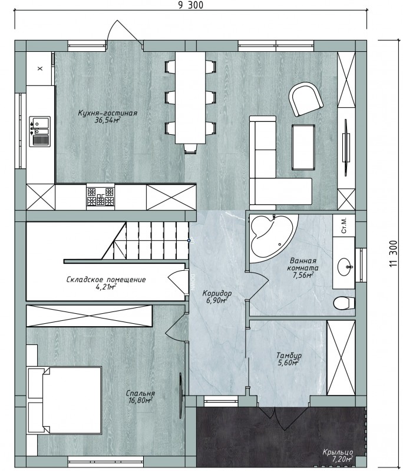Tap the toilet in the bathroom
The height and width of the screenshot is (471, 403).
345,303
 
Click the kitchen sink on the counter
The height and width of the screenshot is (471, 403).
39,131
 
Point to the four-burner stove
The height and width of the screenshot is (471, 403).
101,197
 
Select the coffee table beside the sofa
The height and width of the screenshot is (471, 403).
303,147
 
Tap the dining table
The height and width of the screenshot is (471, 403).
190,98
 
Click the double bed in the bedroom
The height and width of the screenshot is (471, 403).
65,398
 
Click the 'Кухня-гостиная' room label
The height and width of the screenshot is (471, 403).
108,113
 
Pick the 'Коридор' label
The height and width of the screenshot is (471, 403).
217,293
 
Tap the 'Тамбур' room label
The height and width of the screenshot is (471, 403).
289,356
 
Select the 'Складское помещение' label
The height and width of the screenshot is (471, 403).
106,280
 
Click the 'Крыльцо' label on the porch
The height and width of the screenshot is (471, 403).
338,452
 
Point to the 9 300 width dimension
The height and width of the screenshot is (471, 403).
191,5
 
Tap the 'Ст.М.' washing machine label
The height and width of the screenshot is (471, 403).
344,225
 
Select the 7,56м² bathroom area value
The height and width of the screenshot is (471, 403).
303,274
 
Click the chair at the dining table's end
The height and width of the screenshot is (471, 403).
190,148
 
